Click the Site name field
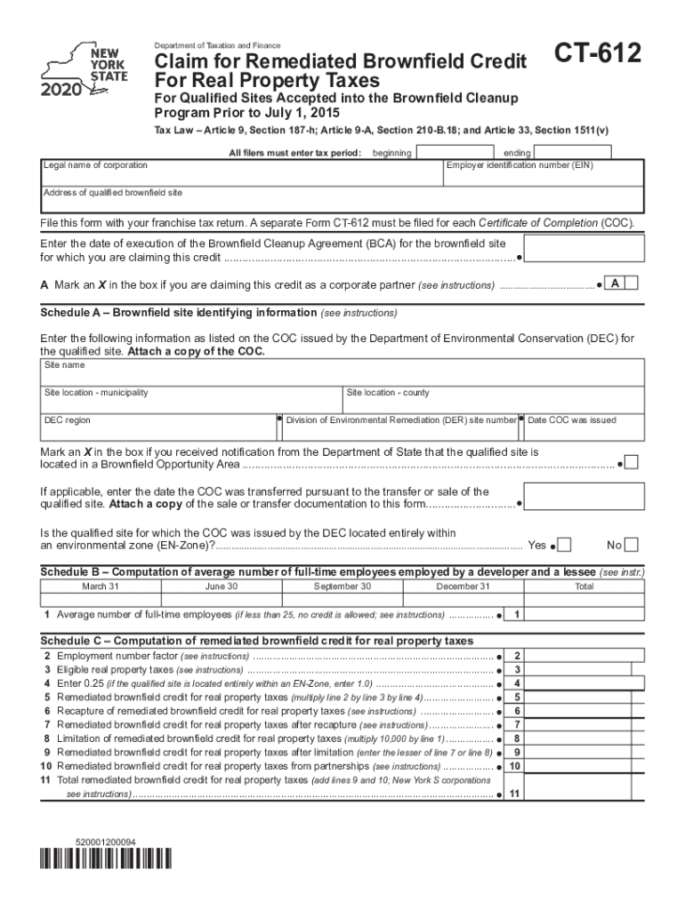coord(342,371)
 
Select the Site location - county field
coord(493,398)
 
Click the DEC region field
coord(158,427)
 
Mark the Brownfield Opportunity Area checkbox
coord(631,462)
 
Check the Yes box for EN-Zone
coord(564,545)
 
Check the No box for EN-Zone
coord(632,545)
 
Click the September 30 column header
coord(342,587)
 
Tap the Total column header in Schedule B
coord(584,587)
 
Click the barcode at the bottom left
coord(106,859)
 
